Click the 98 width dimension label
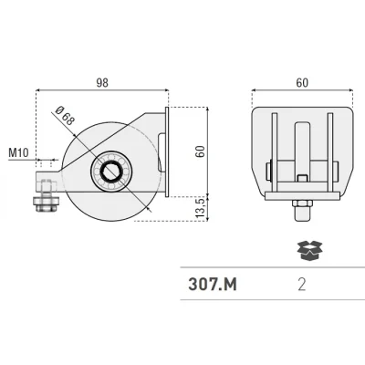tap(102, 83)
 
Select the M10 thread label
tap(18, 152)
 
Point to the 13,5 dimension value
tap(201, 209)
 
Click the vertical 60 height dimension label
tap(201, 151)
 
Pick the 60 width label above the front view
tap(302, 83)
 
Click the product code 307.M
tap(213, 285)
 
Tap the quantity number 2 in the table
tap(302, 285)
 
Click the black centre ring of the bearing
tap(111, 172)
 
